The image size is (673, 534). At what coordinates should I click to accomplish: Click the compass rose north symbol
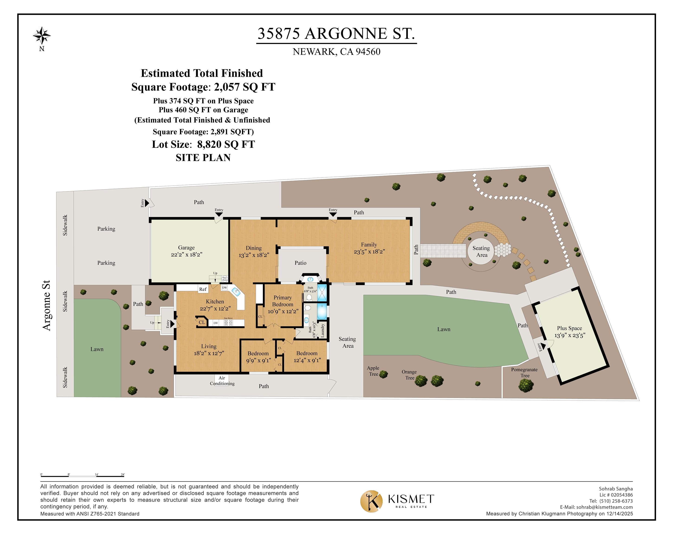pos(42,35)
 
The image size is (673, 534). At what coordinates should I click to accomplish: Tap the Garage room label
pos(186,248)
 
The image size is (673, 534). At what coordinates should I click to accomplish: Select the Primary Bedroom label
pos(283,301)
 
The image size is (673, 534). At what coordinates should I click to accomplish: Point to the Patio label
pos(300,263)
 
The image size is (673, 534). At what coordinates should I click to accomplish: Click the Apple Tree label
pos(373,371)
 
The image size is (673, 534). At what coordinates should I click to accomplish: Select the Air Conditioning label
pos(222,381)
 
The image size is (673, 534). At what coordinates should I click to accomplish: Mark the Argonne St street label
pos(46,305)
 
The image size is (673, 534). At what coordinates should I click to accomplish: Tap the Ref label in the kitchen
pos(203,289)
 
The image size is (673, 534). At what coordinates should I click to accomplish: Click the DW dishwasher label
pos(224,288)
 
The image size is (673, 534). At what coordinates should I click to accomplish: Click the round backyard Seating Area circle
pos(481,251)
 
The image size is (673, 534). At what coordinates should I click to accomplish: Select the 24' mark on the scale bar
pos(123,474)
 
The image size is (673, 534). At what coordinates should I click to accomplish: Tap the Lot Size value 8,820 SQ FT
pos(226,144)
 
